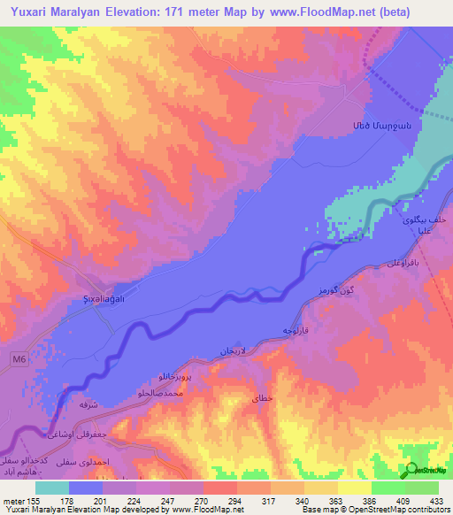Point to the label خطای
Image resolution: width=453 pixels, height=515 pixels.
click(264, 398)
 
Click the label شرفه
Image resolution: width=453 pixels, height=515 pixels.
click(88, 404)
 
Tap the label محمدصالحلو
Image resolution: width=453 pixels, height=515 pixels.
click(161, 390)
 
